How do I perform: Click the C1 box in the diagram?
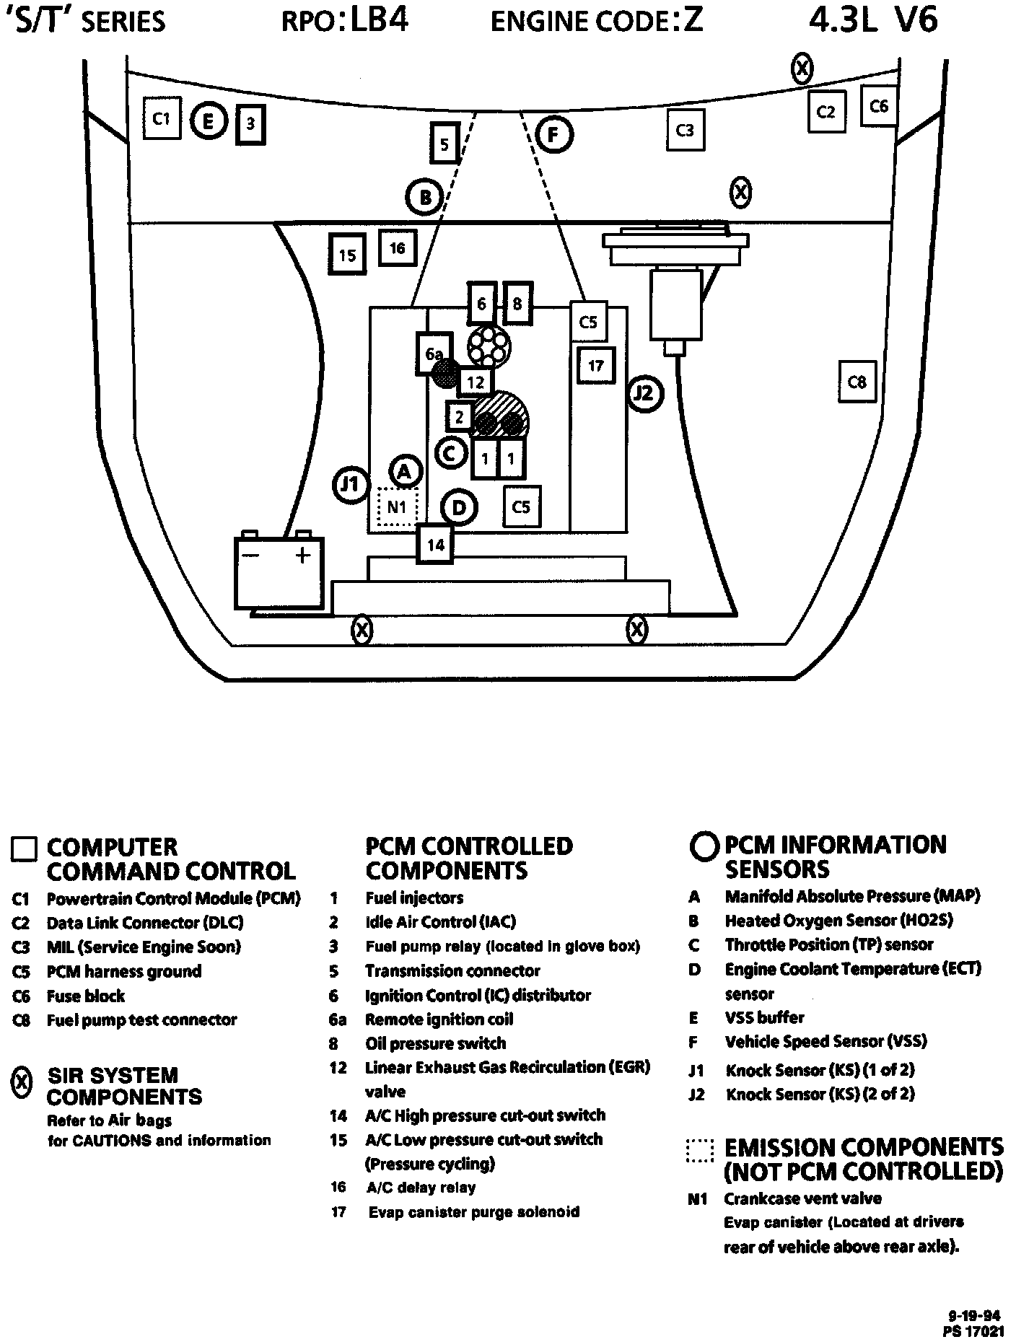161,118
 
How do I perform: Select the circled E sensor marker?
209,121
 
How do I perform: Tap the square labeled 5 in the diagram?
444,145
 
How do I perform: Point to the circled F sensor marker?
553,135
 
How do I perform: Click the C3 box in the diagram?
685,130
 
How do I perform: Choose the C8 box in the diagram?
857,381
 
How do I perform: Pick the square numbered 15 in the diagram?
347,255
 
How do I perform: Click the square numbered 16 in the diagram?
397,248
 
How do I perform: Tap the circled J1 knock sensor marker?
351,485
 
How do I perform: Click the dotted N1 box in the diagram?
397,507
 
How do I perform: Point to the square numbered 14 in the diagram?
435,544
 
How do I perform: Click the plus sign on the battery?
303,555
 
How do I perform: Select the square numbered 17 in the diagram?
595,366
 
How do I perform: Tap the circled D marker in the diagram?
459,508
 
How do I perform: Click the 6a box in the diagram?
433,354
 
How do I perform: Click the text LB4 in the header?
380,20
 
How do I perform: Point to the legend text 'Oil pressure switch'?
436,1043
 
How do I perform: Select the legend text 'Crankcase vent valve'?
803,1198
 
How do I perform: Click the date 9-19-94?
975,1316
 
